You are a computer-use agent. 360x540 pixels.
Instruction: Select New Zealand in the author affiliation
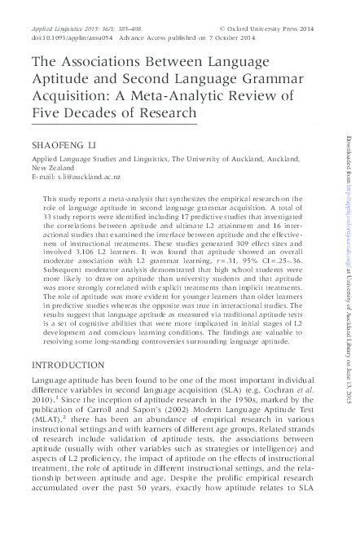click(52, 169)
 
